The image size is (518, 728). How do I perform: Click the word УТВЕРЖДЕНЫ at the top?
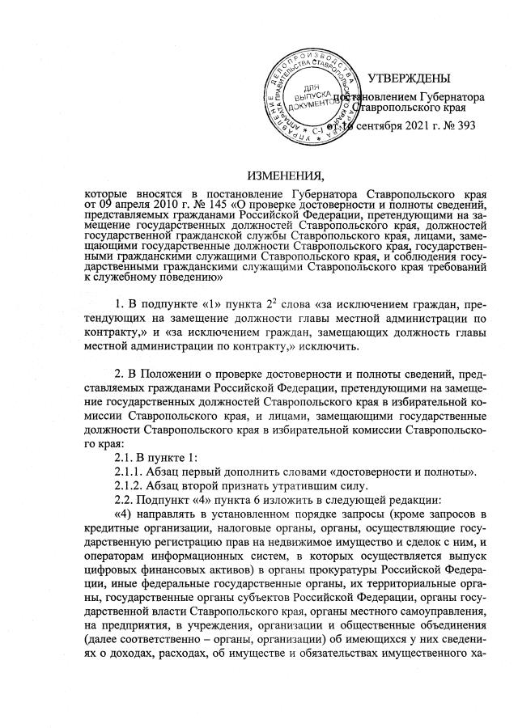point(409,78)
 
